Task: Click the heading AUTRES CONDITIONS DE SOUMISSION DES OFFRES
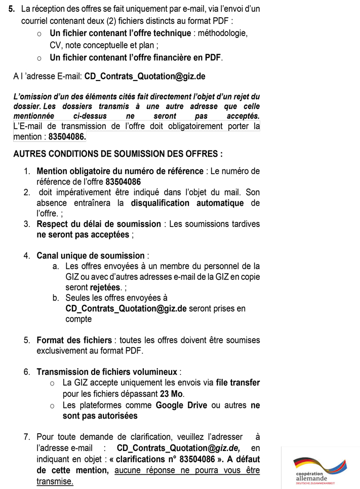pyautogui.click(x=118, y=154)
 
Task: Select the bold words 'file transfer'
pyautogui.click(x=238, y=383)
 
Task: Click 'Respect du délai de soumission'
pyautogui.click(x=99, y=224)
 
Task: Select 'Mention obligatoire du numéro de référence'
pyautogui.click(x=119, y=171)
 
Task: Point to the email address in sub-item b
pyautogui.click(x=126, y=309)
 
